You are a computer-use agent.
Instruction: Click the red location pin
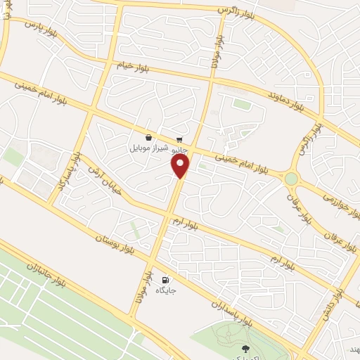click(181, 166)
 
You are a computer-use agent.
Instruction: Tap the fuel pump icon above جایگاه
click(167, 279)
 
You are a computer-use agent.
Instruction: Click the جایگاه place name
click(167, 290)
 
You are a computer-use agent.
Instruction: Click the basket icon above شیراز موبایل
click(148, 138)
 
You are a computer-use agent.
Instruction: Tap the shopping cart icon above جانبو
click(179, 139)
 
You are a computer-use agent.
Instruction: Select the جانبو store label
click(179, 149)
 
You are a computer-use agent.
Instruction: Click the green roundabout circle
click(290, 179)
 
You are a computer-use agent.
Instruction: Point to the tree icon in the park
click(245, 349)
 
